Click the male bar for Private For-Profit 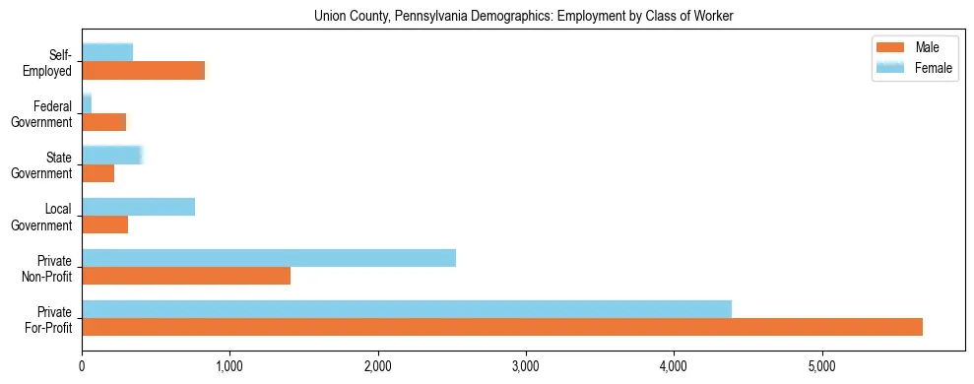click(x=502, y=327)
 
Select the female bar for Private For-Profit click(x=407, y=309)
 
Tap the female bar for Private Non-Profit click(x=269, y=258)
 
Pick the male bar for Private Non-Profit click(x=186, y=276)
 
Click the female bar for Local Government click(x=139, y=207)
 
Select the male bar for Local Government click(x=105, y=224)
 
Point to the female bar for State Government click(x=112, y=155)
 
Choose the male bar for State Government click(x=98, y=173)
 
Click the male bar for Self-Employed click(x=144, y=70)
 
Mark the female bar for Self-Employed click(x=107, y=52)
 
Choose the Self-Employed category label click(x=53, y=62)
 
